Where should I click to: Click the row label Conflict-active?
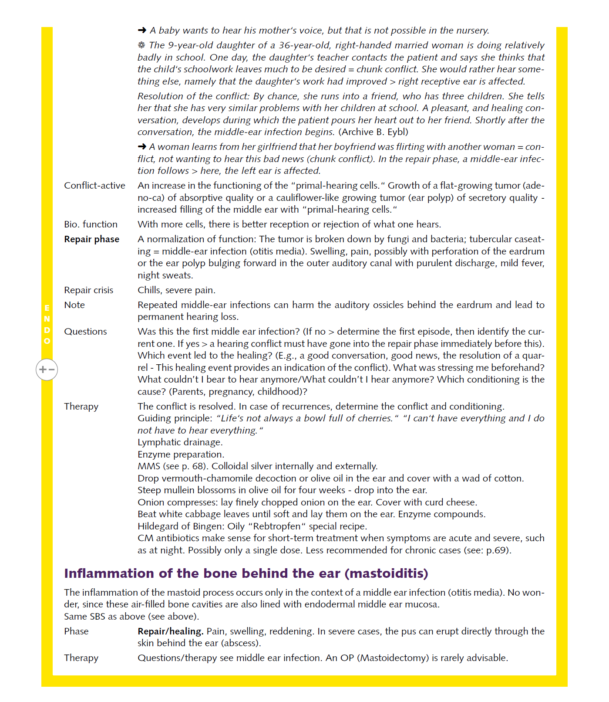[94, 186]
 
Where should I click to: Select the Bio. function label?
[91, 224]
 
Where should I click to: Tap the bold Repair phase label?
[91, 239]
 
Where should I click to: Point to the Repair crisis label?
[88, 290]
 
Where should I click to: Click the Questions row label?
[85, 332]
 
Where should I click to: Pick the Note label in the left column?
[74, 305]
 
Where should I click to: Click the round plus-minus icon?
[47, 370]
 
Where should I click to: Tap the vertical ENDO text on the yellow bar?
[47, 325]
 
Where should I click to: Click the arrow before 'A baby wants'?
[142, 30]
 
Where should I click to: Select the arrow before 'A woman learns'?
[142, 146]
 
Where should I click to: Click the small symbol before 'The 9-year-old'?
[141, 45]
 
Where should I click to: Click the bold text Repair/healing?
[171, 631]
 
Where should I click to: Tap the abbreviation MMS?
[149, 466]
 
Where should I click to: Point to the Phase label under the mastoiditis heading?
[76, 631]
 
